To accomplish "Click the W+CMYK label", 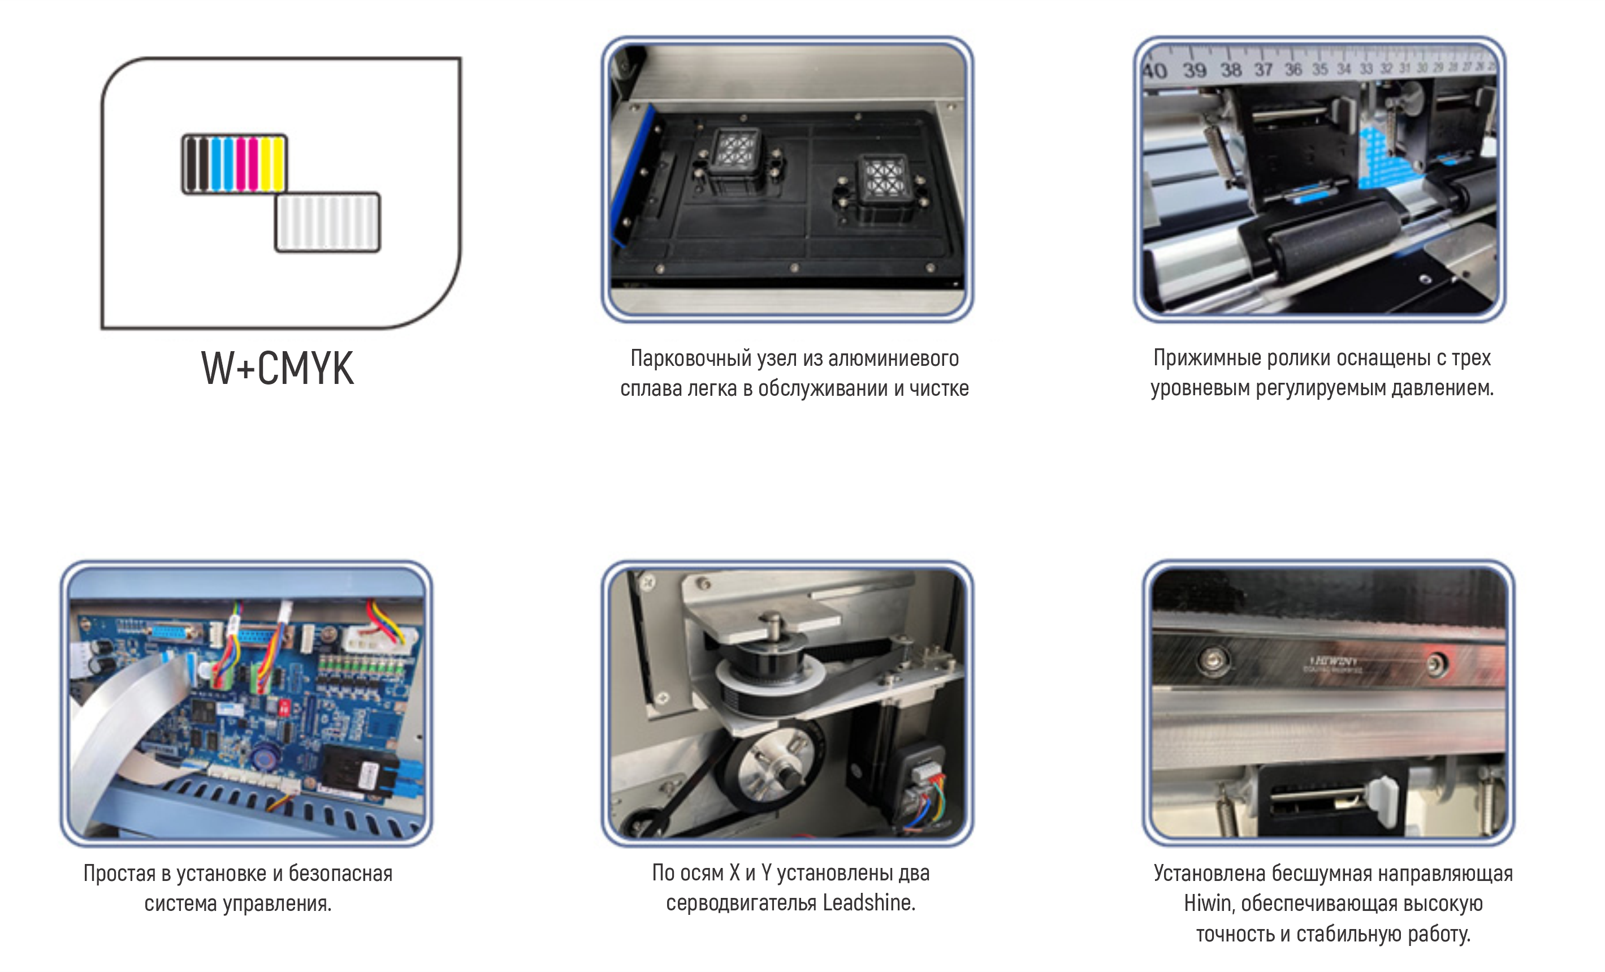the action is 278,368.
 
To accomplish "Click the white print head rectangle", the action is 328,222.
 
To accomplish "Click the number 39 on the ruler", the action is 1194,70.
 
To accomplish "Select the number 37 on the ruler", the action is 1263,69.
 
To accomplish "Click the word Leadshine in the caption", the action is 868,903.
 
